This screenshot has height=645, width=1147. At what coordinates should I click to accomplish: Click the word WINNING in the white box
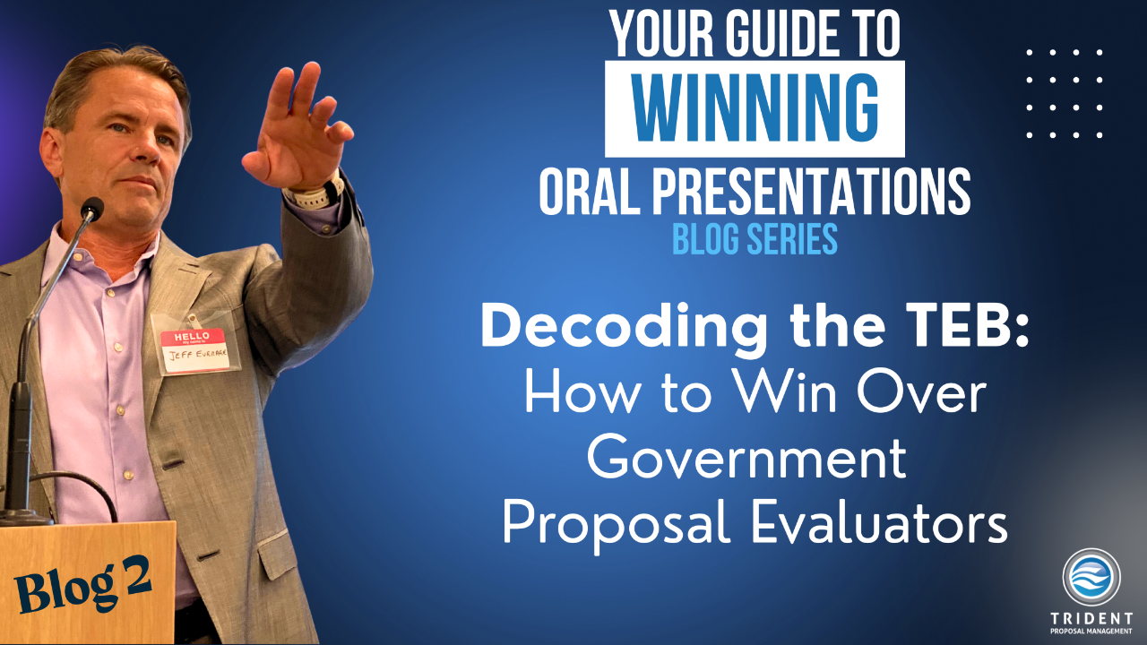755,108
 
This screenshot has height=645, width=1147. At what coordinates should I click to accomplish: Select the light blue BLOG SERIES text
755,238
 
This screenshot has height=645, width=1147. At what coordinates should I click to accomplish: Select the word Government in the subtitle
746,457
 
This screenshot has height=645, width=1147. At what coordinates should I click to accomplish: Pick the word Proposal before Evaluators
617,528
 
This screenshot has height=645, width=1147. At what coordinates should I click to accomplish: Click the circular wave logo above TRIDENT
1091,576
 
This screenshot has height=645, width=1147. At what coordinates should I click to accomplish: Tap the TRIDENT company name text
1091,618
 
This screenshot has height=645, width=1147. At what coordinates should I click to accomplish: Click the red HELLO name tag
193,350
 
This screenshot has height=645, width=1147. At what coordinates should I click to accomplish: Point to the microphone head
92,209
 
